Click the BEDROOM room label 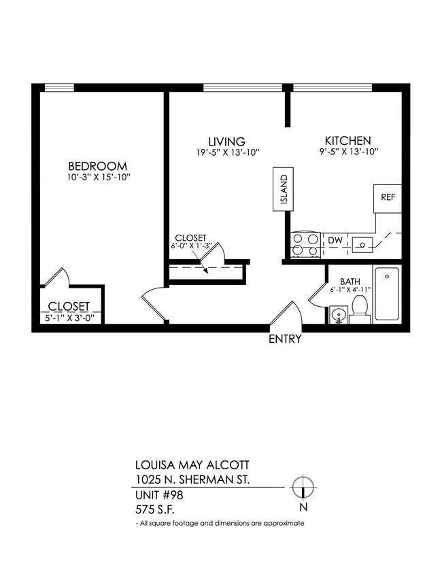pos(98,166)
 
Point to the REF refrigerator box pos(388,197)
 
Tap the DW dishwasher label pos(335,240)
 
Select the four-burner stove pos(305,245)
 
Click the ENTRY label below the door pos(285,339)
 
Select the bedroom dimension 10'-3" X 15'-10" pos(98,178)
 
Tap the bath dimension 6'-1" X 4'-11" pos(350,289)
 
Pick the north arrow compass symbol pos(302,488)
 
